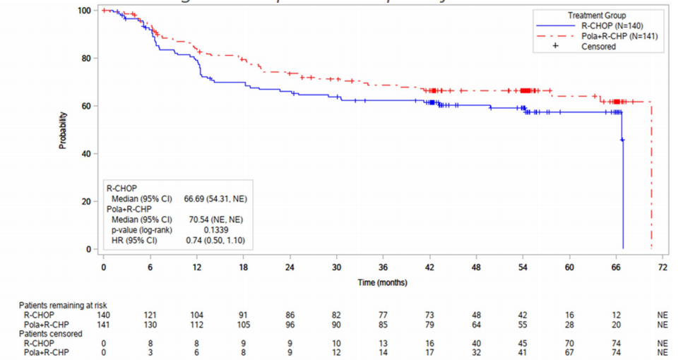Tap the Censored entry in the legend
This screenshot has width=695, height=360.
click(x=598, y=47)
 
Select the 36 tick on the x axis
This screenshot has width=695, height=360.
click(x=382, y=268)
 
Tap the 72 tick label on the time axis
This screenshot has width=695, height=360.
click(x=662, y=268)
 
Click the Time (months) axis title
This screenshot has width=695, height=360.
click(x=382, y=282)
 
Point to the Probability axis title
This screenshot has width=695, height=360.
click(x=63, y=130)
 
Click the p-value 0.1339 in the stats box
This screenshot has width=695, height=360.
click(x=215, y=230)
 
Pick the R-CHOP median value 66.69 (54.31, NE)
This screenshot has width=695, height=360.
click(x=215, y=199)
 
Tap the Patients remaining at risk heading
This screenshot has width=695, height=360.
click(x=62, y=305)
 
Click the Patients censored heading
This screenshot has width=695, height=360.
click(x=50, y=333)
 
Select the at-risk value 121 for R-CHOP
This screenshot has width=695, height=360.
click(x=149, y=315)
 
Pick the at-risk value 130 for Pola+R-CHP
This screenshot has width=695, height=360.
click(x=149, y=324)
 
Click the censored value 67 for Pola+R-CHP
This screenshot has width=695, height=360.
click(x=569, y=352)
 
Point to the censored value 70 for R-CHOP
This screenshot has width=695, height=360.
click(x=569, y=343)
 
